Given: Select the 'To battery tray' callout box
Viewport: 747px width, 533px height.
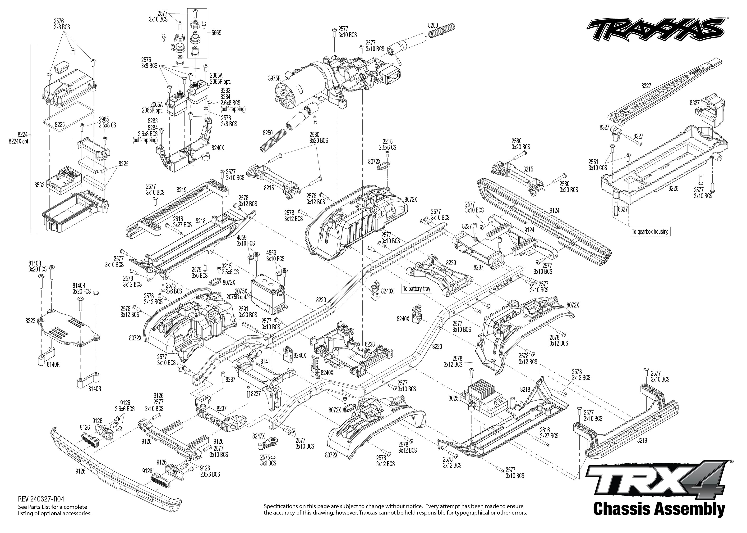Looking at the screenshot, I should click(x=416, y=289).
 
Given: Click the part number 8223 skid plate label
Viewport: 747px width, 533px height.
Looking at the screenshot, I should click(x=30, y=321).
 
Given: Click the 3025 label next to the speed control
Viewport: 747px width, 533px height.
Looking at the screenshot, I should click(x=453, y=398).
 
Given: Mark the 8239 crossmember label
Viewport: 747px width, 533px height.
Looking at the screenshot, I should click(x=451, y=263).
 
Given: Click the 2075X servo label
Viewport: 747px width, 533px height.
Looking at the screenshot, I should click(x=241, y=291).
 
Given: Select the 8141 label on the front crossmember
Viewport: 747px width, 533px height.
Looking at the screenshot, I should click(x=265, y=361).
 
